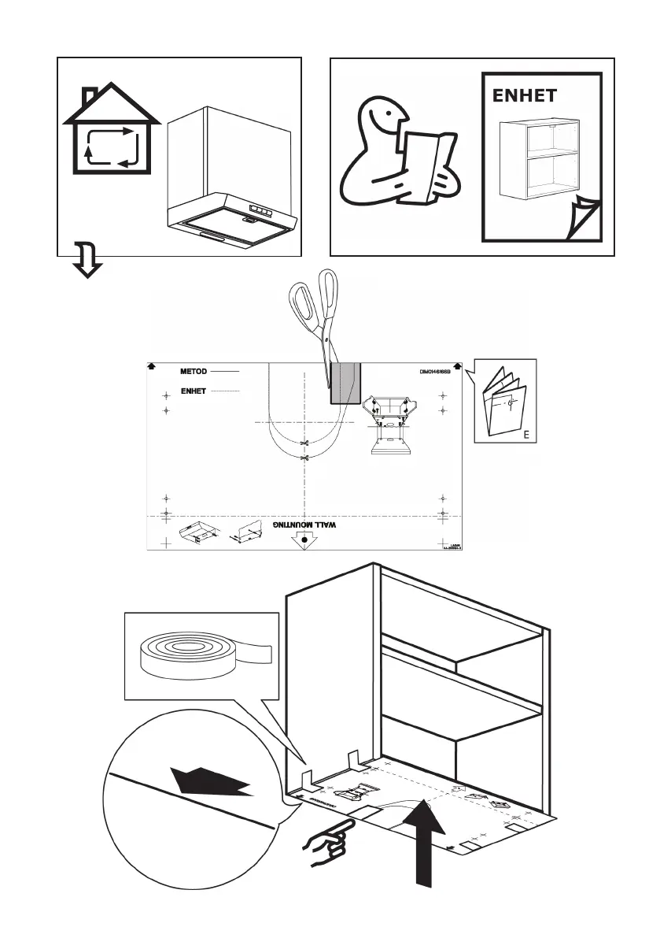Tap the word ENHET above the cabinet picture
point(524,96)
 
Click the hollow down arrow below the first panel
point(87,261)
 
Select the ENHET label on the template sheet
point(193,391)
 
